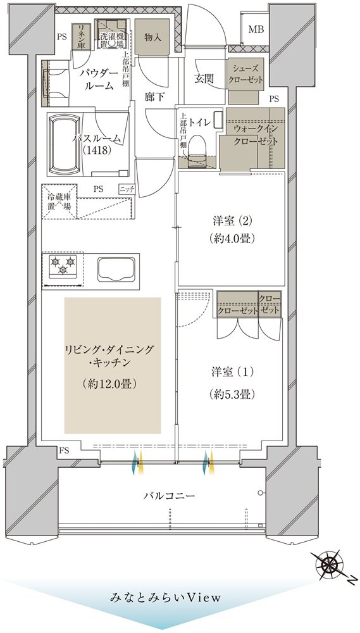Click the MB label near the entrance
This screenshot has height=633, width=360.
coord(256,30)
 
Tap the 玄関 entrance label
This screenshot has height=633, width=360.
coord(204,78)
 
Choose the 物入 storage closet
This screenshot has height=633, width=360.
coord(152,37)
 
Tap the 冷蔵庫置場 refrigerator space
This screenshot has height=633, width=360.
coord(59,201)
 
